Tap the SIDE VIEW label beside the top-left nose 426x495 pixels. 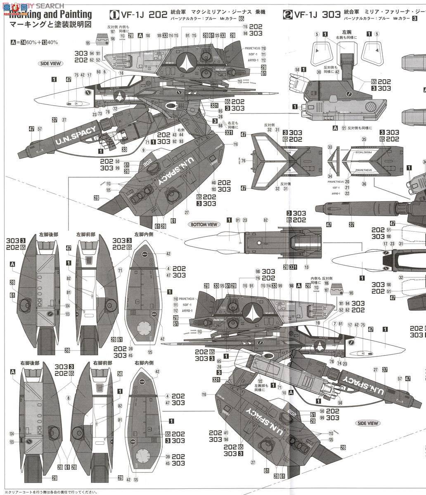pyautogui.click(x=51, y=64)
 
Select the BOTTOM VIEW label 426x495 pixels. pyautogui.click(x=204, y=224)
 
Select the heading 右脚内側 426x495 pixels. pyautogui.click(x=144, y=363)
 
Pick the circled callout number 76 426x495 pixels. pyautogui.click(x=243, y=160)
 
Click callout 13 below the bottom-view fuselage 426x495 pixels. pyautogui.click(x=307, y=267)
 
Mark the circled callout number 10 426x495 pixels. pyautogui.click(x=284, y=393)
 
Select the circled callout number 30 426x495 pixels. pyautogui.click(x=319, y=71)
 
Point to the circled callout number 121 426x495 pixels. pyautogui.click(x=343, y=128)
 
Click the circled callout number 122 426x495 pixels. pyautogui.click(x=260, y=381)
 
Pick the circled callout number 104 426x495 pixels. pyautogui.click(x=226, y=440)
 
